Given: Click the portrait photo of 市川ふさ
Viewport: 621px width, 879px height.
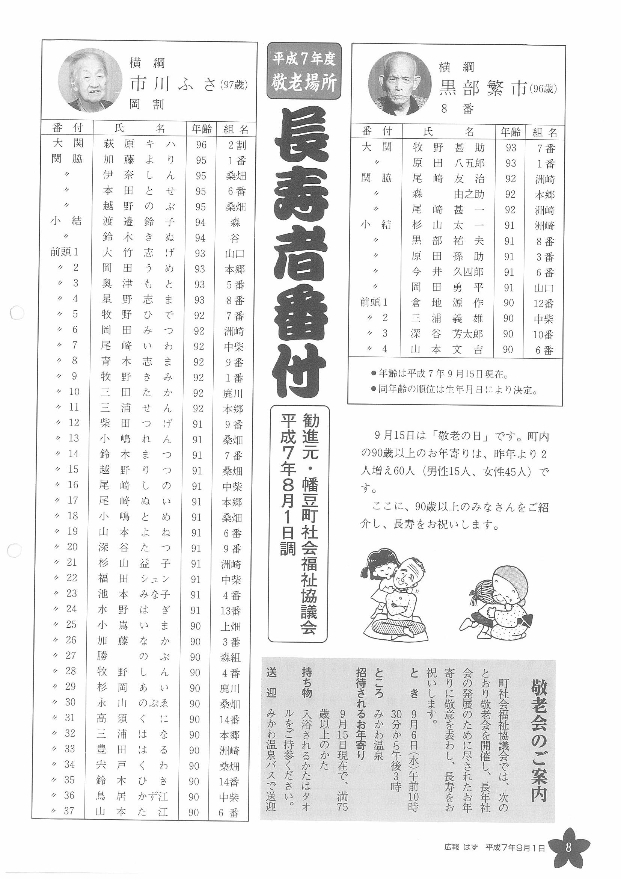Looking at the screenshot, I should click(x=87, y=80).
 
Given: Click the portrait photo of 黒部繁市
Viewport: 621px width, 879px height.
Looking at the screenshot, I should click(x=398, y=84).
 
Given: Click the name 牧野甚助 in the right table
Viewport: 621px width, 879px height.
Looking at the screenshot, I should click(x=448, y=147).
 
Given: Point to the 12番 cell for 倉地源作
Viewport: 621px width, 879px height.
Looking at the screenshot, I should click(x=544, y=304).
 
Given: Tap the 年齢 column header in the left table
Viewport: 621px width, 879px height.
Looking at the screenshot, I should click(x=201, y=128).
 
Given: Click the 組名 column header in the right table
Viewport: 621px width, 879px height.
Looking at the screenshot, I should click(x=544, y=133).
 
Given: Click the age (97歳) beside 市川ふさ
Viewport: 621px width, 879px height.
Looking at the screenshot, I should click(x=233, y=85).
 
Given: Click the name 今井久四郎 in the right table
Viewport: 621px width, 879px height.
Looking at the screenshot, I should click(x=448, y=272).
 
